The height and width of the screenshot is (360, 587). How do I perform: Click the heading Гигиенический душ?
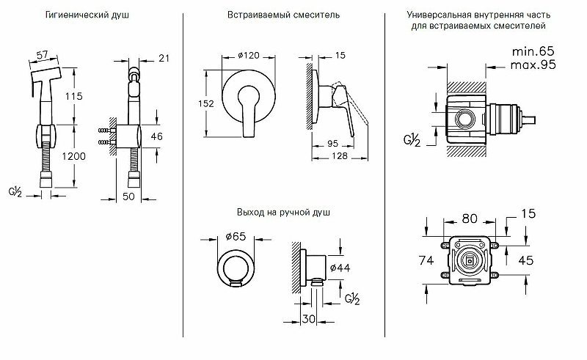(x=87, y=15)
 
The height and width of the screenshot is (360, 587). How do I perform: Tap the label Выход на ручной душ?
(x=283, y=213)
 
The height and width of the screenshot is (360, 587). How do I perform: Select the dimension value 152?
(x=205, y=104)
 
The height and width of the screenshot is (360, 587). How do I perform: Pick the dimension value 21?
(x=162, y=58)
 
